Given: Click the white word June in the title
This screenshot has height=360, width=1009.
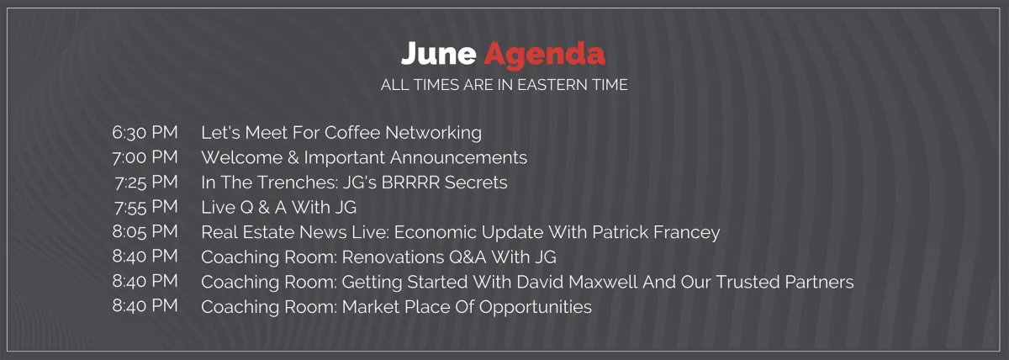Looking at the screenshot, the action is [x=438, y=54].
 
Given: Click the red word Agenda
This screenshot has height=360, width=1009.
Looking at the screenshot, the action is [x=545, y=56].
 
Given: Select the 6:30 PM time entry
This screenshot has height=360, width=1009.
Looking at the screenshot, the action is [x=145, y=132].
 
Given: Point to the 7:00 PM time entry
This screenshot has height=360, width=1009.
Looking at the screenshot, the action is [x=145, y=157].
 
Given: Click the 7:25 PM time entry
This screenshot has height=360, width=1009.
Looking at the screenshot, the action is [x=146, y=182].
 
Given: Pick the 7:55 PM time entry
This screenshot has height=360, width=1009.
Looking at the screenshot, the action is [x=146, y=207].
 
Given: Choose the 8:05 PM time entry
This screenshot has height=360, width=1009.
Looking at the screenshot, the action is [x=145, y=231].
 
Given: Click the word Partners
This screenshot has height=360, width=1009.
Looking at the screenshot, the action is [x=819, y=282].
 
